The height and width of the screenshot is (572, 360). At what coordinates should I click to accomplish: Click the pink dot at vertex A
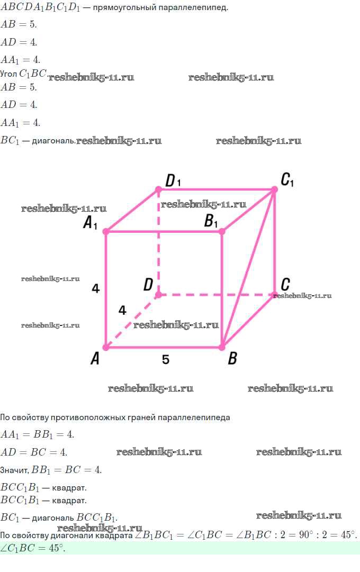click(106, 347)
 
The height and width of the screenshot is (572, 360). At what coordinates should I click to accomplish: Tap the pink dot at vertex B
click(222, 347)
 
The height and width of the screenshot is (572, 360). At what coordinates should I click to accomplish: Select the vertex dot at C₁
click(274, 189)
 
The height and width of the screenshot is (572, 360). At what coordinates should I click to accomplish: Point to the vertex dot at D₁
click(158, 189)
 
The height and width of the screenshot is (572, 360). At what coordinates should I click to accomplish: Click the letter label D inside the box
click(148, 285)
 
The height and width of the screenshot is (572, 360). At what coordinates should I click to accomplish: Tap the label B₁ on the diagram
click(211, 221)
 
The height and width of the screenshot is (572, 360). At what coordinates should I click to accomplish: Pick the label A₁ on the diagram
click(90, 222)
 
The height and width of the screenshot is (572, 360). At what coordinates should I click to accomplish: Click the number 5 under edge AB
click(166, 360)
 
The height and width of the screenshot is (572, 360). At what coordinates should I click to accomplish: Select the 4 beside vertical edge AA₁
click(96, 288)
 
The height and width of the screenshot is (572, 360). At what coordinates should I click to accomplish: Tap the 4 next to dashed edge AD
click(122, 310)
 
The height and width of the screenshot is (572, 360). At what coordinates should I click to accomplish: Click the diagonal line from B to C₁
click(248, 268)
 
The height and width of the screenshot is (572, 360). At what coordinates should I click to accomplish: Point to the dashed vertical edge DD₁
click(158, 242)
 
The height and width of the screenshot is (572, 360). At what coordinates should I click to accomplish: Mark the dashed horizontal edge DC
click(216, 295)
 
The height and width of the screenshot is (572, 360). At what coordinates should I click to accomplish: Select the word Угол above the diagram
click(8, 74)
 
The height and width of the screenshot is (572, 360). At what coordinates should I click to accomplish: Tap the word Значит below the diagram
click(14, 470)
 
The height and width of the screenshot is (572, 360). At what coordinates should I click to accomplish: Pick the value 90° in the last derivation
click(307, 535)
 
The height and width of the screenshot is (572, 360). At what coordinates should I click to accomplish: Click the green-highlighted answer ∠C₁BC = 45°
click(32, 548)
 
